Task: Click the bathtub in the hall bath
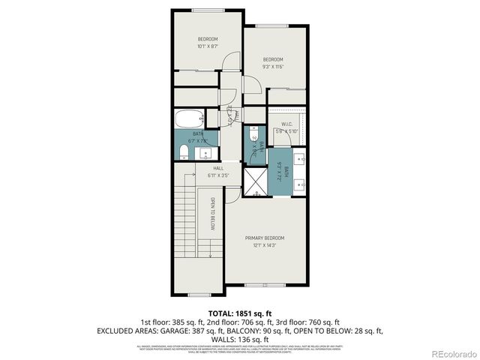coord(188,118)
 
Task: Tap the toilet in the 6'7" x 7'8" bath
coord(184,153)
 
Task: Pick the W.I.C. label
coord(286,124)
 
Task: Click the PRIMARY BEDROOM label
coord(264,238)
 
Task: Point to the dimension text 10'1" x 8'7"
coord(208,46)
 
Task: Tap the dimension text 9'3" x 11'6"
coord(272,66)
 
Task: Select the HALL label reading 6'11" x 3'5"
coord(218,172)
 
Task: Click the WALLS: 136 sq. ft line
coord(240,339)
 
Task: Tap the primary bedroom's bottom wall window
coord(264,286)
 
